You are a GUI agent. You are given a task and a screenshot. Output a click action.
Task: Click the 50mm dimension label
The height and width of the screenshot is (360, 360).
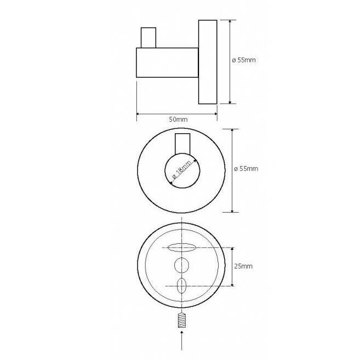click(x=178, y=119)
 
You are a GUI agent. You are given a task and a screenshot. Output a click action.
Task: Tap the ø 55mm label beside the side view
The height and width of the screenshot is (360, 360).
click(x=244, y=60)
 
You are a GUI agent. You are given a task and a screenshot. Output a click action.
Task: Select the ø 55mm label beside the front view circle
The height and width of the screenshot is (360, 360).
click(x=246, y=169)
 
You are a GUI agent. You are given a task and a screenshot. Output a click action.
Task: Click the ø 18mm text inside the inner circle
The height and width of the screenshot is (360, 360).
click(x=181, y=170)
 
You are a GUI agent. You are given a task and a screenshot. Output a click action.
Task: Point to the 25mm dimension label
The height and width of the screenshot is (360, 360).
click(x=243, y=266)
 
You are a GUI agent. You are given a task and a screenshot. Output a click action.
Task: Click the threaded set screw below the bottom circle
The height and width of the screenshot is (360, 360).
click(x=181, y=321)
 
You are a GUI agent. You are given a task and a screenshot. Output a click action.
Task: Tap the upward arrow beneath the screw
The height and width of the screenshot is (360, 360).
click(x=182, y=340)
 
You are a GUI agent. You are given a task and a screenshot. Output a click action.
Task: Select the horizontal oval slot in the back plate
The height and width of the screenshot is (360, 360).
click(x=181, y=248)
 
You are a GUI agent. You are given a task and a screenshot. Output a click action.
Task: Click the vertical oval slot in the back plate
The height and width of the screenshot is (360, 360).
click(x=181, y=286)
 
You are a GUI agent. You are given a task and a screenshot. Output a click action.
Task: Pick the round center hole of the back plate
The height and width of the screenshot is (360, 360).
click(x=181, y=265)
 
